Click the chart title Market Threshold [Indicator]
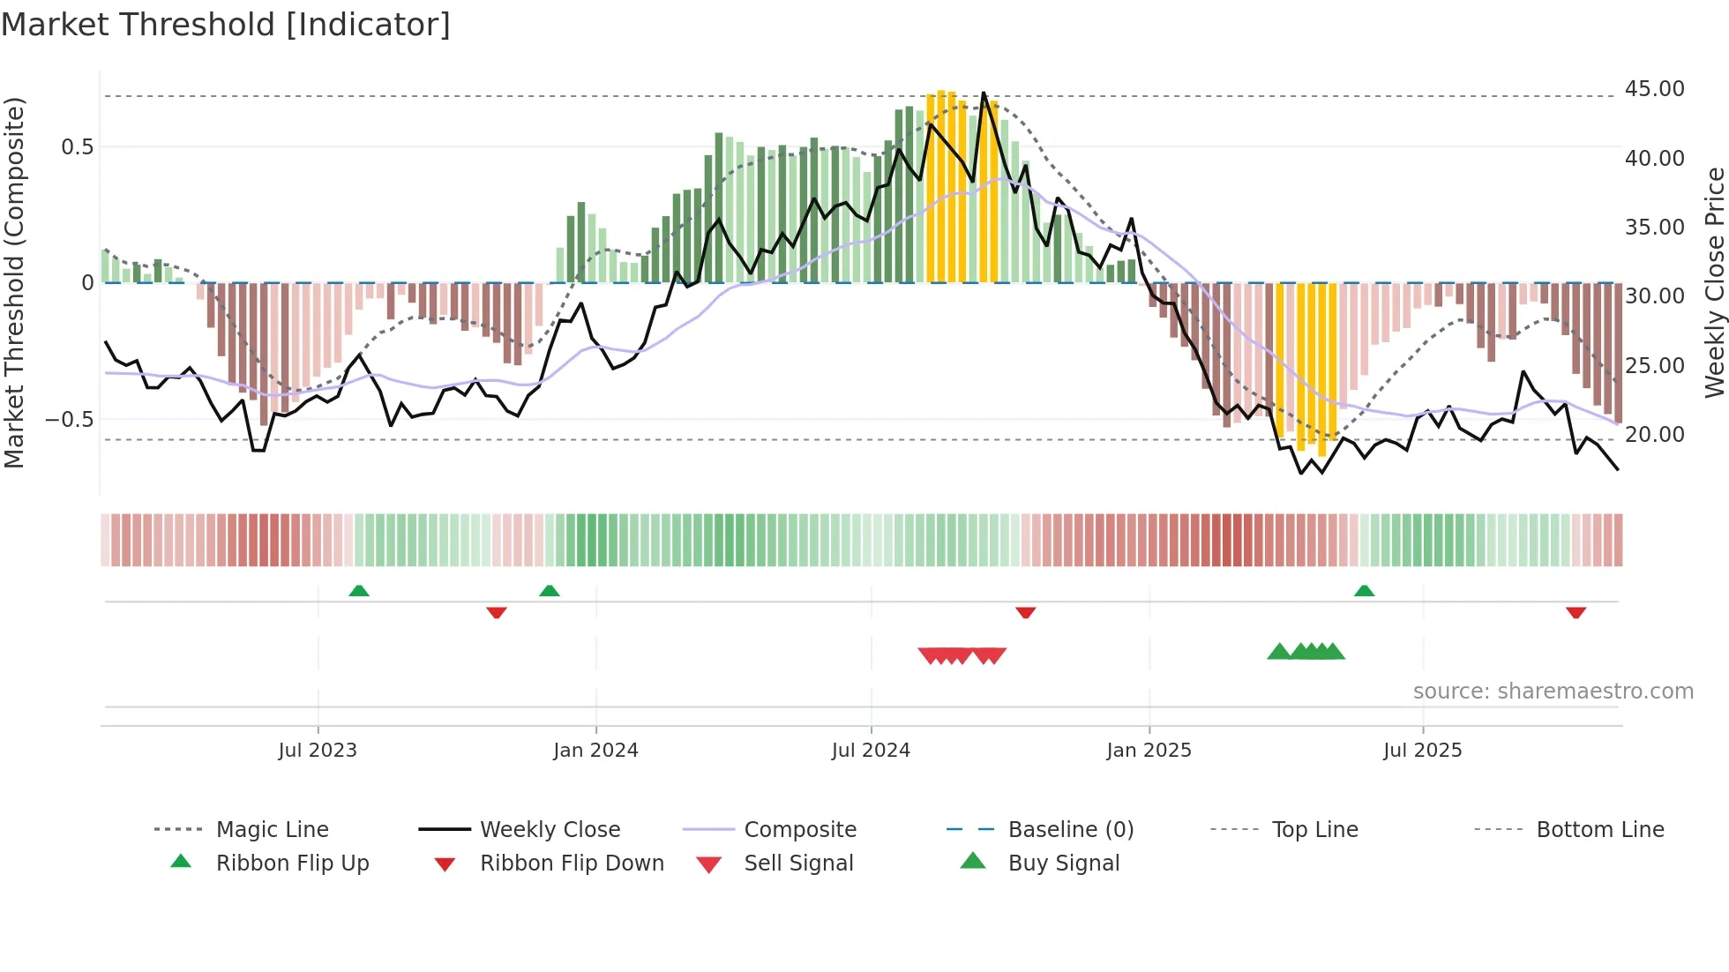tap(226, 25)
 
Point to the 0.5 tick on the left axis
tap(77, 147)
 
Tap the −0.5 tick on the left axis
tap(70, 420)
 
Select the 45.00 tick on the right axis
tap(1654, 89)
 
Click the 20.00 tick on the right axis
tap(1654, 435)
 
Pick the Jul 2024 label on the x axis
tap(870, 751)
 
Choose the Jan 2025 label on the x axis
tap(1149, 751)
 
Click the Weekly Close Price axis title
tap(1714, 282)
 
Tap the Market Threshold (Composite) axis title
tap(15, 282)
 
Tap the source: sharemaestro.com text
tap(1553, 692)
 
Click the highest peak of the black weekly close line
tap(984, 93)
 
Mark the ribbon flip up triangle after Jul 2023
tap(358, 591)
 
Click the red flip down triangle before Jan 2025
tap(1025, 612)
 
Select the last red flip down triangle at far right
tap(1576, 612)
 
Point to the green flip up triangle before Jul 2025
tap(1364, 591)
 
